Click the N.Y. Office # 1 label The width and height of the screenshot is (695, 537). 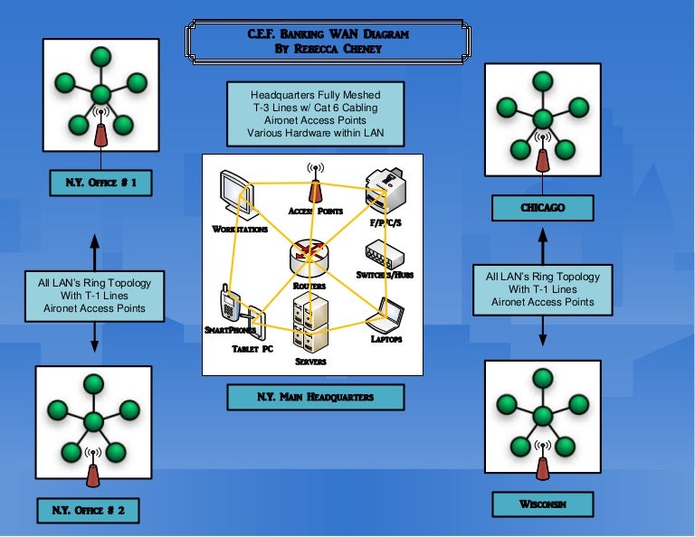click(100, 184)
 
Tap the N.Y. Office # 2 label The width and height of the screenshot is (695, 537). click(88, 511)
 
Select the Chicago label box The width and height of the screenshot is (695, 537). click(542, 208)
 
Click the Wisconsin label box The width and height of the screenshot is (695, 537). click(543, 504)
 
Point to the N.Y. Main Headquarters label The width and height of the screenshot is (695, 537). click(314, 397)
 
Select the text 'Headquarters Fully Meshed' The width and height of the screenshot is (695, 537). click(316, 94)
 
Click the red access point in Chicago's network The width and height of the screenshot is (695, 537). click(542, 158)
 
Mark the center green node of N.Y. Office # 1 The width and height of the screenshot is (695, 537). click(100, 93)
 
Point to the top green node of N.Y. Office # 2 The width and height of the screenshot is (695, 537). click(92, 383)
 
